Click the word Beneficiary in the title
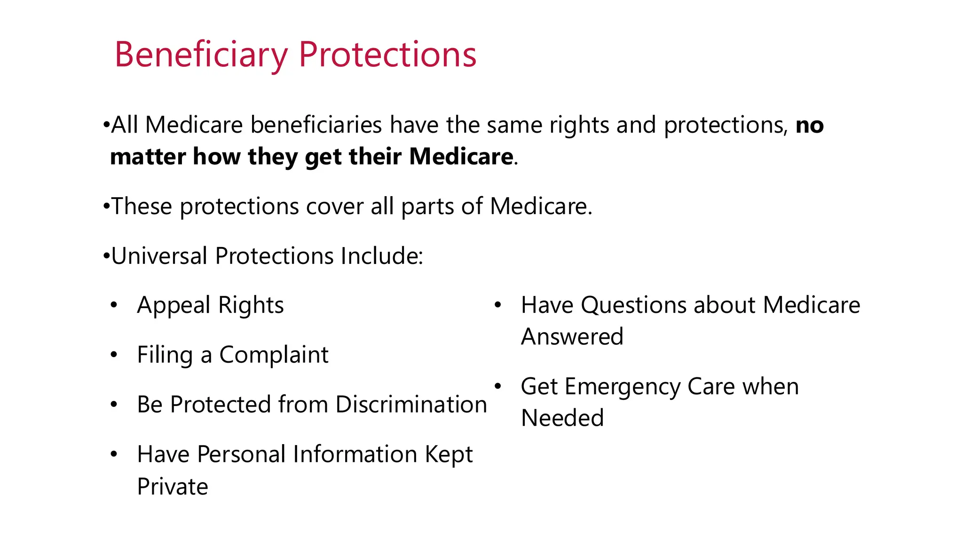pyautogui.click(x=201, y=55)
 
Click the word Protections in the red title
pyautogui.click(x=387, y=55)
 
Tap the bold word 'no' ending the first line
pyautogui.click(x=809, y=126)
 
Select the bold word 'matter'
pyautogui.click(x=147, y=157)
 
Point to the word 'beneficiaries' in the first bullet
pyautogui.click(x=316, y=126)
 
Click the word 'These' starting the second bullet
pyautogui.click(x=142, y=207)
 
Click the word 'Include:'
pyautogui.click(x=382, y=256)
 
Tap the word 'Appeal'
pyautogui.click(x=174, y=306)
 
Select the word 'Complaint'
pyautogui.click(x=274, y=355)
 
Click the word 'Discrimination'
pyautogui.click(x=411, y=405)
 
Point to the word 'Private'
pyautogui.click(x=173, y=486)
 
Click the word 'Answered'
pyautogui.click(x=572, y=337)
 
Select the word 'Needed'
pyautogui.click(x=562, y=418)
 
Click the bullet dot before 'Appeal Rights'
pyautogui.click(x=114, y=306)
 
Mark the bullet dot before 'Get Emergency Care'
pyautogui.click(x=498, y=387)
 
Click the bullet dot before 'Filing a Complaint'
pyautogui.click(x=114, y=355)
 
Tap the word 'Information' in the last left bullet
pyautogui.click(x=355, y=454)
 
